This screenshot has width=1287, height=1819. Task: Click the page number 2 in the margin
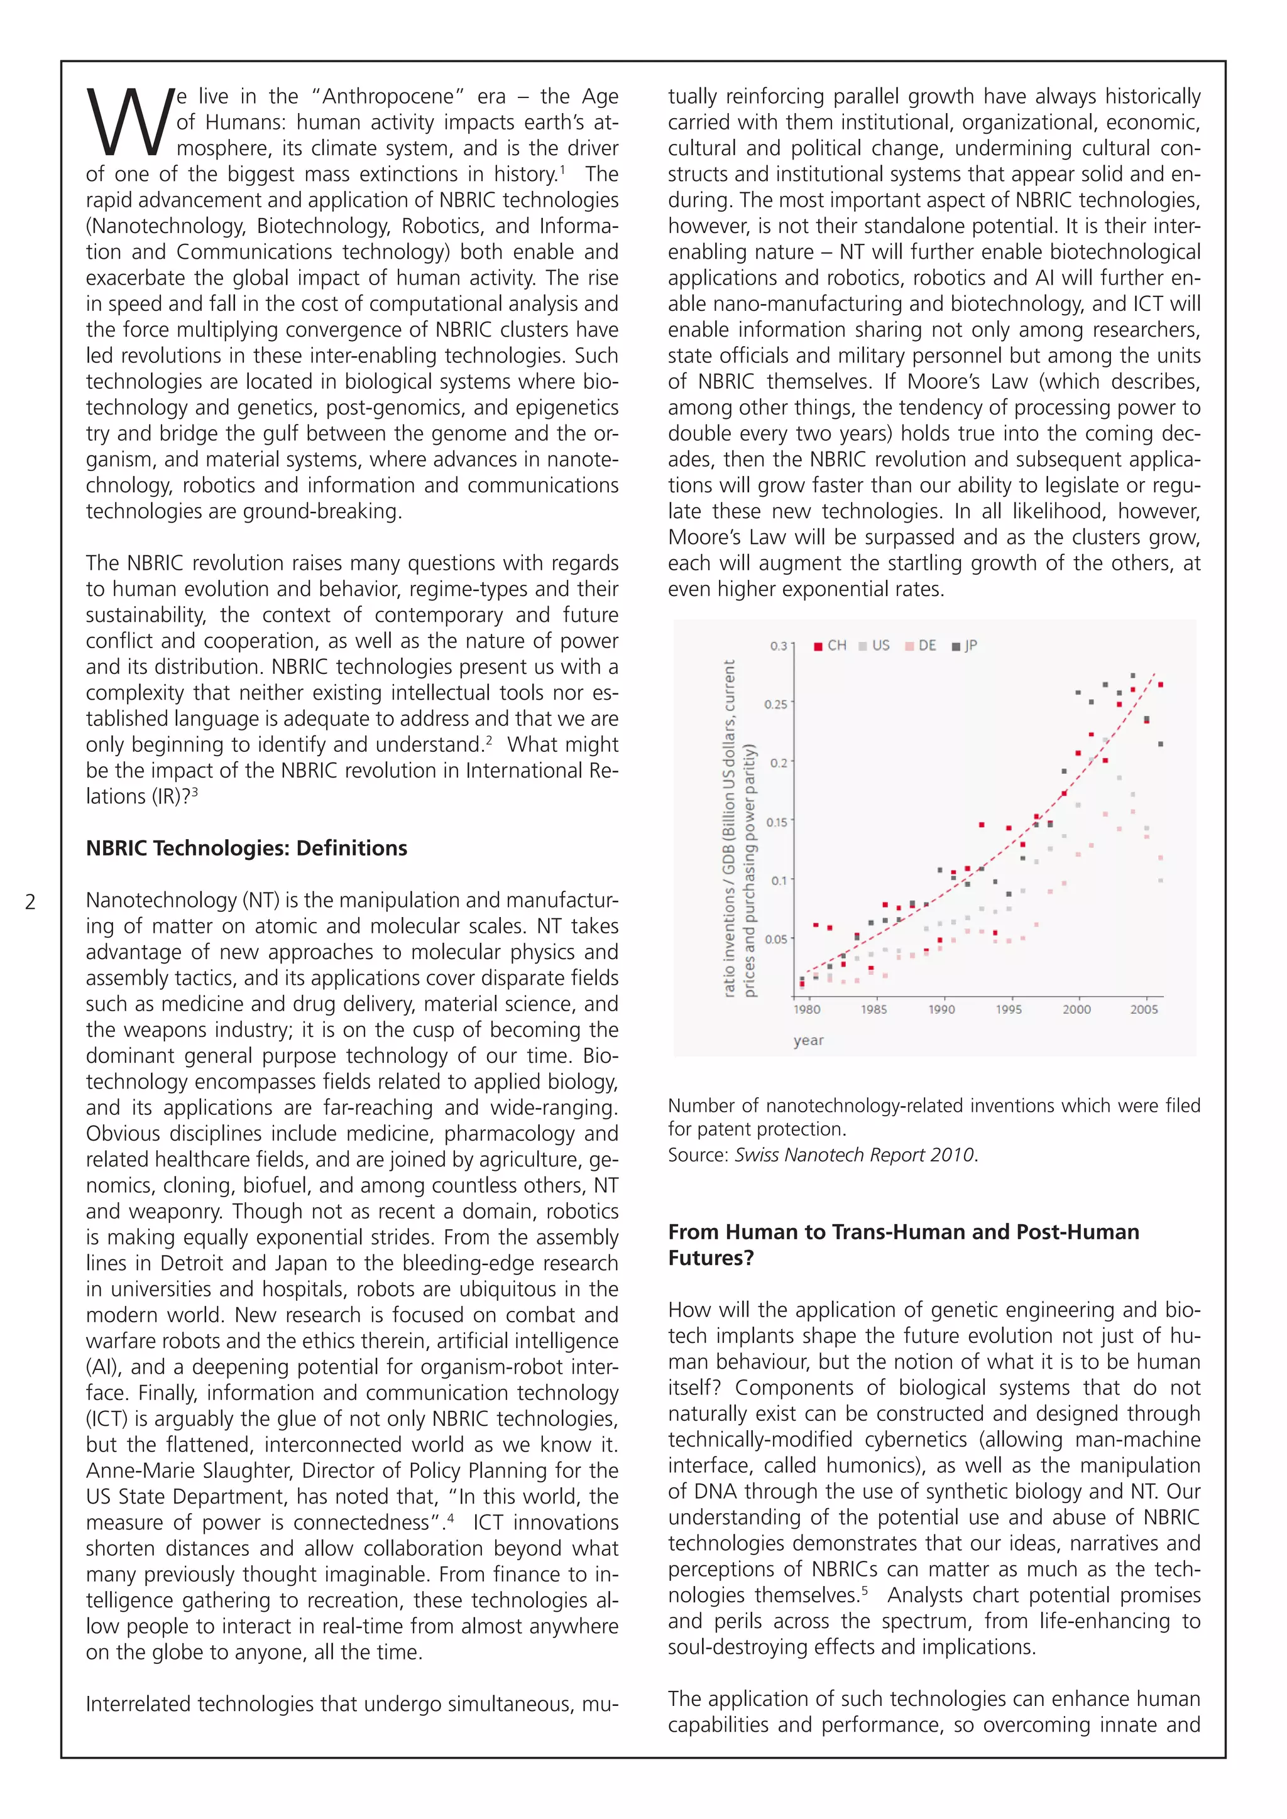pyautogui.click(x=30, y=901)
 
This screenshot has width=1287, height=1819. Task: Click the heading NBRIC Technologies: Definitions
pyautogui.click(x=246, y=848)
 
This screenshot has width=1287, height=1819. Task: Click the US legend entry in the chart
pyautogui.click(x=874, y=646)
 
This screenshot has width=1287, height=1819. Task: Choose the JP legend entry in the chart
pyautogui.click(x=965, y=646)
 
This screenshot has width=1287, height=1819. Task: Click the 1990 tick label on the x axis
pyautogui.click(x=941, y=1009)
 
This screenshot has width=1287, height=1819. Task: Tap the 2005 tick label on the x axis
pyautogui.click(x=1144, y=1009)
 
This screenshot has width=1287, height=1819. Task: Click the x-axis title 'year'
pyautogui.click(x=808, y=1040)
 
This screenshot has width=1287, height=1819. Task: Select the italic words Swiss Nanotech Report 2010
pyautogui.click(x=854, y=1155)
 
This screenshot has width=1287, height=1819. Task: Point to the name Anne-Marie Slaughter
pyautogui.click(x=189, y=1470)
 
